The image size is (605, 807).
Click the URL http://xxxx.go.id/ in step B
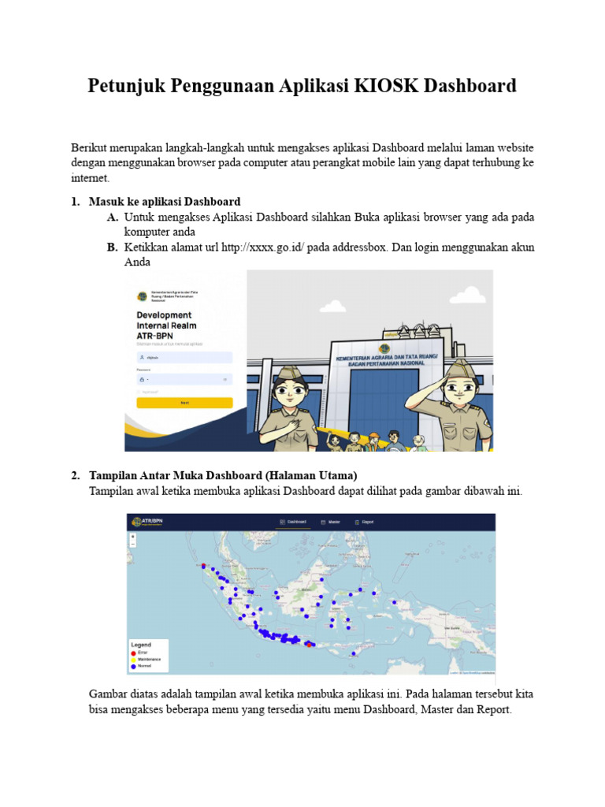(x=263, y=247)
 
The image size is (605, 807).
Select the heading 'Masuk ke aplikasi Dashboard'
(x=165, y=202)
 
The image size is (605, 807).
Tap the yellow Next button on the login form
(x=184, y=403)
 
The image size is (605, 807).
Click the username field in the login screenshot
(x=184, y=357)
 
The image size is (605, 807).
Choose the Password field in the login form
(x=184, y=379)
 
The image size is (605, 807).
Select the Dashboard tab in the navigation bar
(x=292, y=522)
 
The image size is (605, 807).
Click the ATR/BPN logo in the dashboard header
(x=150, y=522)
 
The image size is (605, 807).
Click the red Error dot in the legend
(x=133, y=653)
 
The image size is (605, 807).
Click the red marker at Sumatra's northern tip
(x=203, y=566)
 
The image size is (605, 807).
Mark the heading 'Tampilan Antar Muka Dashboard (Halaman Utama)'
(x=223, y=475)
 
